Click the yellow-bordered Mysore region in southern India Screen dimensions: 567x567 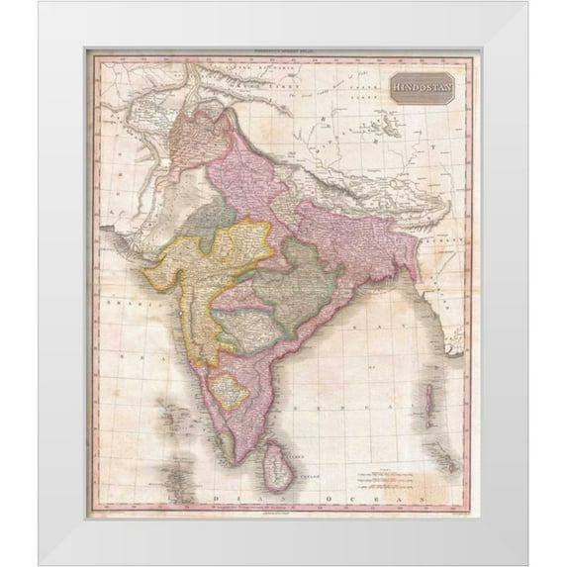229,390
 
